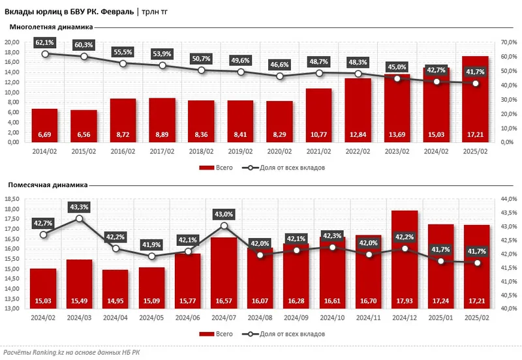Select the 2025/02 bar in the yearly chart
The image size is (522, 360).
[x=475, y=98]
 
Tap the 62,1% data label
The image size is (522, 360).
[x=45, y=42]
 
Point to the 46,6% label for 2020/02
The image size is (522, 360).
[x=280, y=65]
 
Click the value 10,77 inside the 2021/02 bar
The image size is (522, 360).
[x=319, y=135]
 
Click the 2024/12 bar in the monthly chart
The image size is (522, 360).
[x=404, y=258]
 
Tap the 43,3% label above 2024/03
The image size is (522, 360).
[x=80, y=207]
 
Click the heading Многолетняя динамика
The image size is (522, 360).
[x=50, y=27]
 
